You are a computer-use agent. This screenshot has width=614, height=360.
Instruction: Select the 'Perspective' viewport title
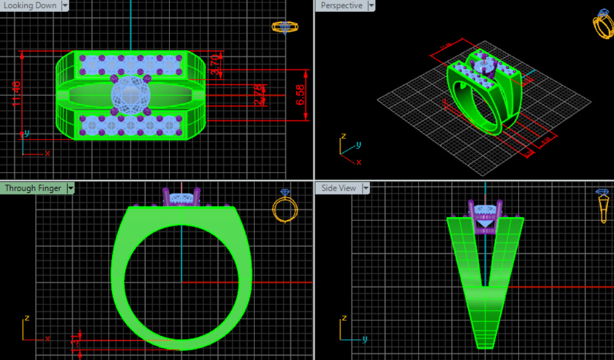[x=341, y=6]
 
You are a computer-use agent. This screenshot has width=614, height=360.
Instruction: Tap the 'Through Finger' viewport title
[x=33, y=188]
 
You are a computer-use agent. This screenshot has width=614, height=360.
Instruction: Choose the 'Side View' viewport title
[x=338, y=188]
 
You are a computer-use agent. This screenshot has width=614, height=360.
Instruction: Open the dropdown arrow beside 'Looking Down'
[x=65, y=6]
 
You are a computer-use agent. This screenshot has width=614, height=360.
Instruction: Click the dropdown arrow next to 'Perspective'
[x=371, y=6]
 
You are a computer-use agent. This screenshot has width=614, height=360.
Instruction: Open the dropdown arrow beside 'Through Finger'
[x=70, y=188]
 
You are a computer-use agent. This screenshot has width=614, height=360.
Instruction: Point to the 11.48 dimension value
[x=17, y=93]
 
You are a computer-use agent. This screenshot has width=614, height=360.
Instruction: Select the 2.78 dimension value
[x=258, y=95]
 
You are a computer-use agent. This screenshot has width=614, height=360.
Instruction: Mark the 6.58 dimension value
[x=300, y=95]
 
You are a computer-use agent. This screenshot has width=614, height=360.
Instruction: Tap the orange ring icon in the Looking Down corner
[x=285, y=27]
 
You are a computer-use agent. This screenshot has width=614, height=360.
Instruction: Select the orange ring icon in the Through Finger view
[x=285, y=208]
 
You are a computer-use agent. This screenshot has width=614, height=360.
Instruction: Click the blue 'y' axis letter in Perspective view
[x=358, y=144]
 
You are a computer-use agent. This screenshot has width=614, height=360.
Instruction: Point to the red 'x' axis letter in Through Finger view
[x=47, y=338]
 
